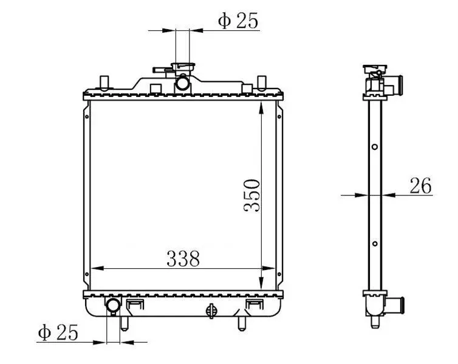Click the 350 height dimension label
point(252,195)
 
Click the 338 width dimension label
point(183,258)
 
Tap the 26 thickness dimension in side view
point(420,186)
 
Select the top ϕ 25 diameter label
point(238,21)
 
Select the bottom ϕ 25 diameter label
point(58,332)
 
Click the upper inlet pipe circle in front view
point(183,83)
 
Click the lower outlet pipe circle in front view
point(114,305)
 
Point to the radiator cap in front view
point(183,67)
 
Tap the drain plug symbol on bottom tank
point(211,311)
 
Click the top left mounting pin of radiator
point(104,82)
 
